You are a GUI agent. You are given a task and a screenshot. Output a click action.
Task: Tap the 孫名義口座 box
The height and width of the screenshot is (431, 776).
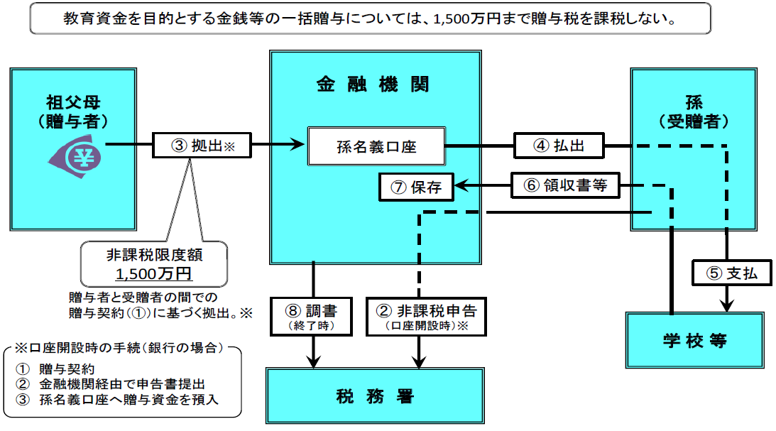point(376,147)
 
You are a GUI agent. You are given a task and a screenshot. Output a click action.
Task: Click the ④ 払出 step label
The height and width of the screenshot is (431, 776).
point(559,146)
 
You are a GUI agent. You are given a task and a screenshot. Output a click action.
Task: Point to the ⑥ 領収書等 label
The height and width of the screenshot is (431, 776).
point(565,186)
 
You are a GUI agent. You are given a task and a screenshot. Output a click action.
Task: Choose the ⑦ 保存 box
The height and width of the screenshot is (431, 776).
point(416,187)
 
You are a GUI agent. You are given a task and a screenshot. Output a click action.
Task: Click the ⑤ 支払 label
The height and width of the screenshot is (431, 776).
point(731,273)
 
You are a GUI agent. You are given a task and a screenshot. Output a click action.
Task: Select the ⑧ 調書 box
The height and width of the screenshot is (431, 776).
point(312,317)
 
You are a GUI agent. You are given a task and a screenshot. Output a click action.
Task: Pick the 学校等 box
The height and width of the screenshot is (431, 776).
point(695,340)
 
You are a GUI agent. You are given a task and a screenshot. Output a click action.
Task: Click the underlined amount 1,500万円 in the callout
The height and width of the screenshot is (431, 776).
point(155,273)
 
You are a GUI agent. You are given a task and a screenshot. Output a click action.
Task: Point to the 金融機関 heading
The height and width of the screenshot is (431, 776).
point(373,84)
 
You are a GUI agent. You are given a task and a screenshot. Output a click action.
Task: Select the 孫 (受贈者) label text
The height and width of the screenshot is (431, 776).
point(694,111)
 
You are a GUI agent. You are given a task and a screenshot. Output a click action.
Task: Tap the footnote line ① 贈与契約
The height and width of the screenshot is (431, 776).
point(67,369)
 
